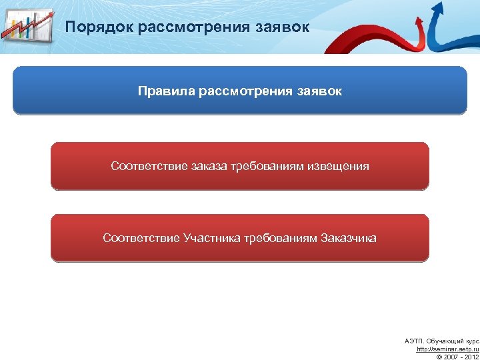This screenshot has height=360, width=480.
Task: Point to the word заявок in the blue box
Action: click(x=317, y=91)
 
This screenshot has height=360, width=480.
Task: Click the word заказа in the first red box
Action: click(x=206, y=165)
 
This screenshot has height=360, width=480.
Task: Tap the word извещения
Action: click(x=338, y=165)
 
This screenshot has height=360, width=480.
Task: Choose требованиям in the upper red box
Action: click(x=267, y=165)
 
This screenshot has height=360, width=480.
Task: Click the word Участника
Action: click(x=212, y=238)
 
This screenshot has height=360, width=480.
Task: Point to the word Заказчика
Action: click(x=349, y=238)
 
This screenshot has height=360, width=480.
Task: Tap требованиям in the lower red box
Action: click(x=280, y=238)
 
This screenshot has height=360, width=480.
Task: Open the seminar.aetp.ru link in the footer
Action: click(x=447, y=349)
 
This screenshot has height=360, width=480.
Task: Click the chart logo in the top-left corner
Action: click(x=27, y=27)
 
